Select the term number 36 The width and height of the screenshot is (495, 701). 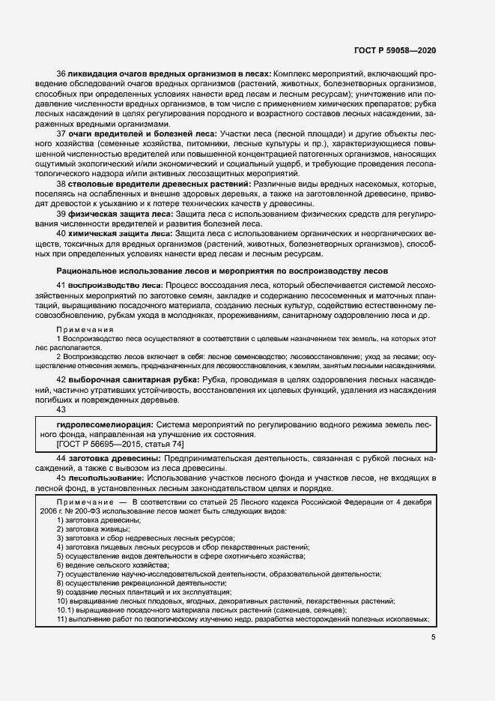[61, 75]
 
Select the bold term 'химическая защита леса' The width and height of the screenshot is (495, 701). [121, 233]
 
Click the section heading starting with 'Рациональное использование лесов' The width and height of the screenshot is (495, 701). [222, 270]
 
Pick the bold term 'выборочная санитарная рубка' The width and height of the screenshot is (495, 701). [133, 381]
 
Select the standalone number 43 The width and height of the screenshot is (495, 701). [61, 409]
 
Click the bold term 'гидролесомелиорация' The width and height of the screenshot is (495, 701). [99, 424]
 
